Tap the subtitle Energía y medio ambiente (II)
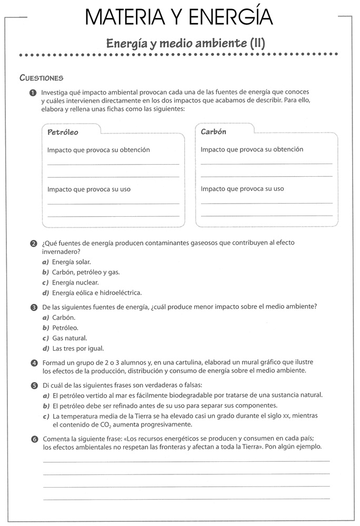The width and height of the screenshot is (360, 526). [x=186, y=43]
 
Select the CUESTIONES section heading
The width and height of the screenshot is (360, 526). [x=42, y=78]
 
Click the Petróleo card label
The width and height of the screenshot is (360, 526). [x=63, y=132]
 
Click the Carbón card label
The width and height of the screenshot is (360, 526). [x=214, y=131]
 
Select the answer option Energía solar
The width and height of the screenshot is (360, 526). [x=72, y=262]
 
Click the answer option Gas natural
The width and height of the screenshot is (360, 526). [x=69, y=338]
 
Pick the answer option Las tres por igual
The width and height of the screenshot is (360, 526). [x=78, y=348]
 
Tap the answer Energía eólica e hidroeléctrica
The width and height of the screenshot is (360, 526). [x=97, y=293]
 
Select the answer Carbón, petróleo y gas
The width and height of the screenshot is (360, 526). [x=86, y=272]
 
